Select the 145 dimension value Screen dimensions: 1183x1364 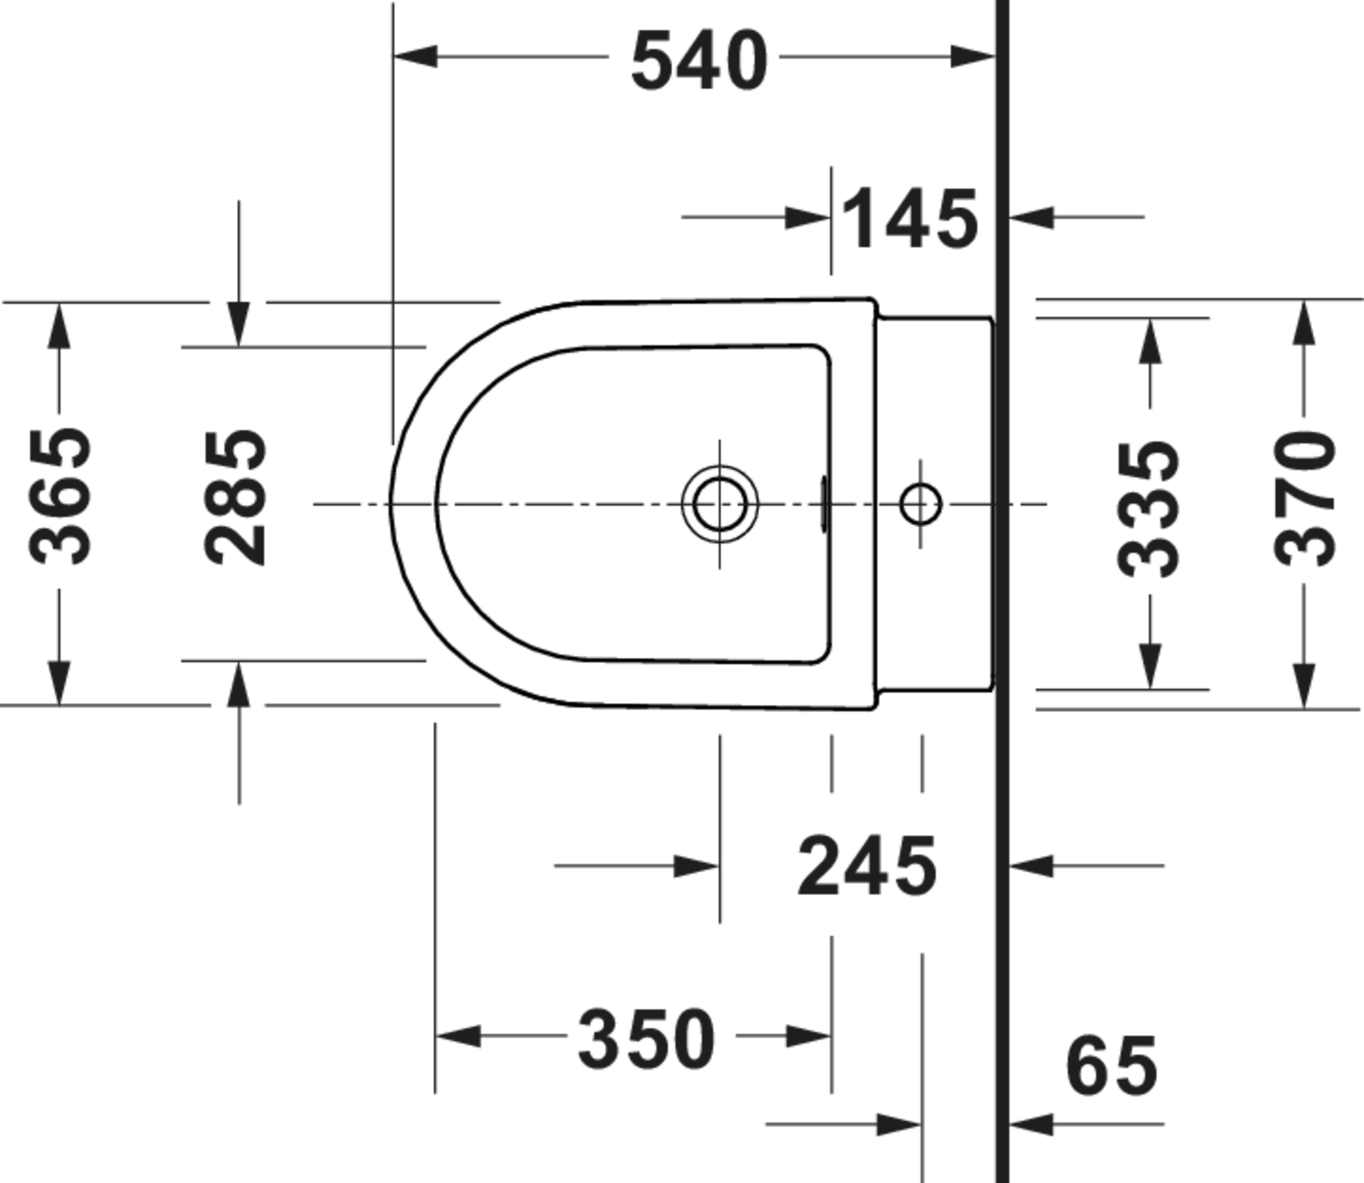click(910, 219)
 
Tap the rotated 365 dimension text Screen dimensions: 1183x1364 click(61, 496)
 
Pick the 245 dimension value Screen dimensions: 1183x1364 click(867, 866)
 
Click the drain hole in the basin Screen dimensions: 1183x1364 click(720, 504)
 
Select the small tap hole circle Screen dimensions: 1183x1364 click(920, 504)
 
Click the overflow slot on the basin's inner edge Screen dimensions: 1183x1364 click(823, 504)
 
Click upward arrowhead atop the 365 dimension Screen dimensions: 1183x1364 click(59, 325)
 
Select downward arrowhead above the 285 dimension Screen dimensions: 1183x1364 click(239, 324)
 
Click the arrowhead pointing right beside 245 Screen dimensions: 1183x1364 click(696, 866)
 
